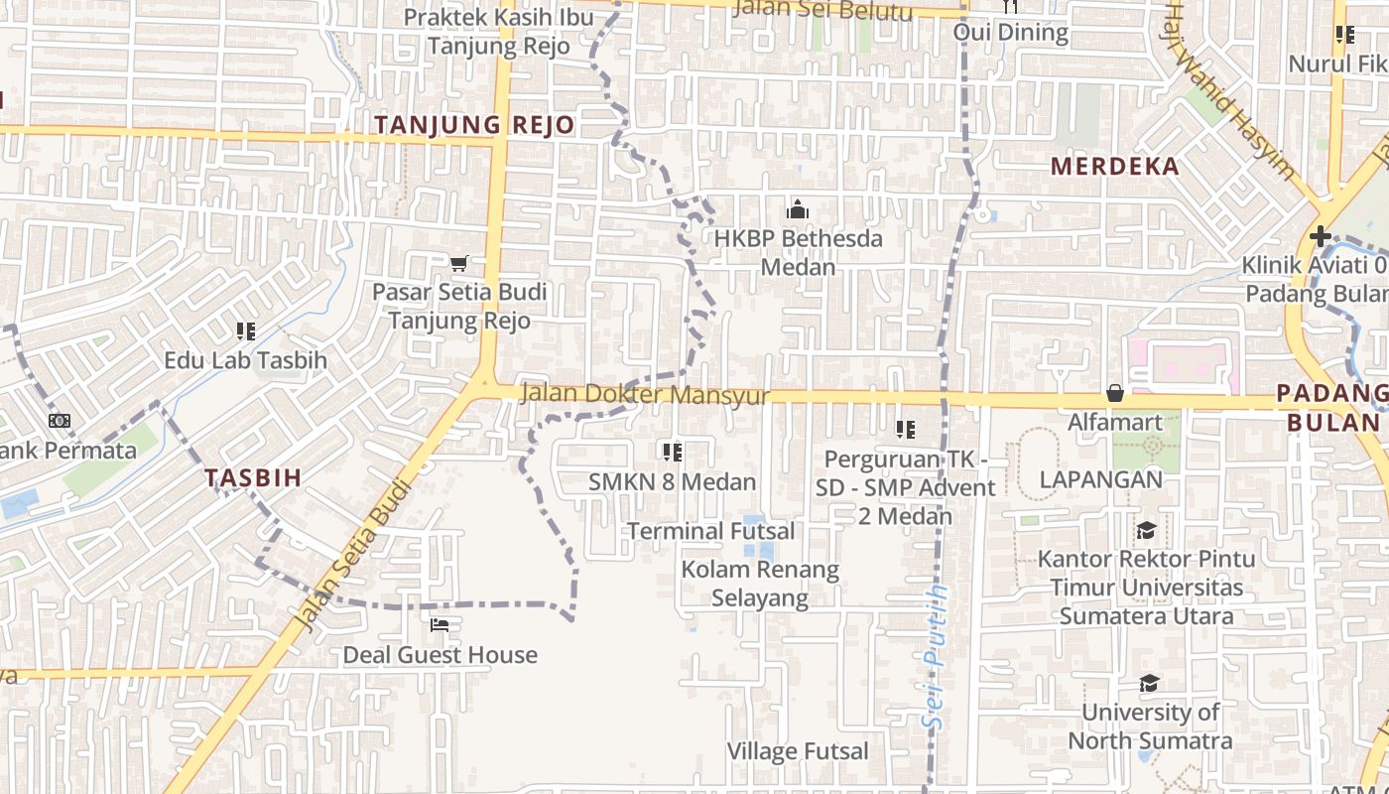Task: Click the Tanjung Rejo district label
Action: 474,125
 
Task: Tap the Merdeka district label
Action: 1115,166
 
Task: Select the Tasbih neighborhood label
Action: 253,477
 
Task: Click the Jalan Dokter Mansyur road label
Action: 645,394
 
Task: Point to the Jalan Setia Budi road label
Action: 353,556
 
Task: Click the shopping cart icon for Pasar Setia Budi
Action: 458,263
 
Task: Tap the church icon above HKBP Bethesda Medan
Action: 798,209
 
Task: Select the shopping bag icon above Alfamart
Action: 1115,393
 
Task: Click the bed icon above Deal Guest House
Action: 440,625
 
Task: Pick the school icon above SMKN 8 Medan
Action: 673,453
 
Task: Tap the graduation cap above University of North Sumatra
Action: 1149,683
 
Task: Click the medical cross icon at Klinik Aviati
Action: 1320,236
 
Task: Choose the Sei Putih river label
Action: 935,657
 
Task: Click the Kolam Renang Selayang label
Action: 760,584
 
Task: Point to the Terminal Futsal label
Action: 710,531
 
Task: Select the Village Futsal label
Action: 798,751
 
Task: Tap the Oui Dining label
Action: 1010,33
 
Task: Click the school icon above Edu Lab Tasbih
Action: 246,331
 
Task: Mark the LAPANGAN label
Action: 1100,479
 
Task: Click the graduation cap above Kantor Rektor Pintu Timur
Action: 1146,530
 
